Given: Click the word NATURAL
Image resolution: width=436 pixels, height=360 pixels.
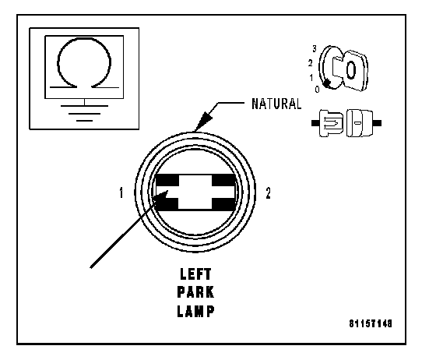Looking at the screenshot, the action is click(276, 104).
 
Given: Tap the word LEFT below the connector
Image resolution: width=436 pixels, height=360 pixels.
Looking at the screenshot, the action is click(195, 274).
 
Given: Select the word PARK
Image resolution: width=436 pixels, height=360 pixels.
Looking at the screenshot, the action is click(195, 292).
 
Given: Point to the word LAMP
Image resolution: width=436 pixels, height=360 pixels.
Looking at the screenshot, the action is click(195, 311).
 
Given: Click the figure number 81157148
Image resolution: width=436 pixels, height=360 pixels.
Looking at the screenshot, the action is click(371, 323).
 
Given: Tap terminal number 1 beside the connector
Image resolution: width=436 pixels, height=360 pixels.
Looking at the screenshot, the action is click(121, 192).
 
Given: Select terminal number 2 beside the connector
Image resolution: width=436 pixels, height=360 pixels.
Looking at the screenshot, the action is click(268, 193).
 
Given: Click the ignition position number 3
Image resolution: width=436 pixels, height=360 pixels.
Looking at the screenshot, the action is click(315, 48).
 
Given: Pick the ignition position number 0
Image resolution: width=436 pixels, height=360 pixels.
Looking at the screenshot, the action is click(318, 90).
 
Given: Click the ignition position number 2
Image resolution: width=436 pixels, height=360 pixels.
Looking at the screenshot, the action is click(311, 63).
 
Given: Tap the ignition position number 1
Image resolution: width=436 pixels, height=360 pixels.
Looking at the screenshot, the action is click(311, 77).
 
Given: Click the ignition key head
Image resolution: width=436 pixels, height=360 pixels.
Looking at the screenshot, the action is click(354, 70).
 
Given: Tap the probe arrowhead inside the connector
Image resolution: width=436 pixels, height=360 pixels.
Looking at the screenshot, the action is click(160, 196).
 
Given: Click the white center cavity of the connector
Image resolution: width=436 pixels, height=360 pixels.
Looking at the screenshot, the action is click(195, 192).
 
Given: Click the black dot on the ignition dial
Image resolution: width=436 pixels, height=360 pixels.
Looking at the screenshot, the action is click(327, 83).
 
